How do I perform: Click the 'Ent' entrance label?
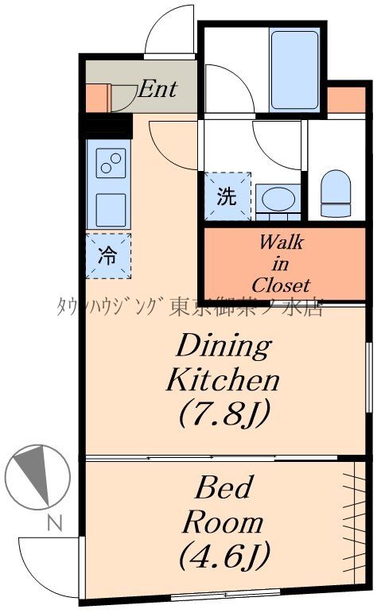(x=157, y=89)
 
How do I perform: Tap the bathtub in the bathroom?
(x=294, y=70)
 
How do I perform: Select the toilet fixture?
(x=336, y=193)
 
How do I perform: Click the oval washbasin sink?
(x=278, y=199)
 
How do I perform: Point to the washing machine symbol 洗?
(x=227, y=196)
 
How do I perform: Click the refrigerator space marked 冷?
(x=108, y=256)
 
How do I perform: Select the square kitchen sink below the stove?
(x=111, y=210)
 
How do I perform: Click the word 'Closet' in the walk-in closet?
(x=281, y=285)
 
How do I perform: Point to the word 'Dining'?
(x=224, y=346)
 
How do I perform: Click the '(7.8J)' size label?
(x=224, y=413)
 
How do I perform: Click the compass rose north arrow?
(x=37, y=477)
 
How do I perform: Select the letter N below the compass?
(x=55, y=523)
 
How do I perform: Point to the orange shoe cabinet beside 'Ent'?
(x=98, y=97)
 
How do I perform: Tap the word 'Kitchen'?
(x=223, y=379)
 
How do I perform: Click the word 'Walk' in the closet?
(x=281, y=242)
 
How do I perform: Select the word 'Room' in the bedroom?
(x=223, y=522)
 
